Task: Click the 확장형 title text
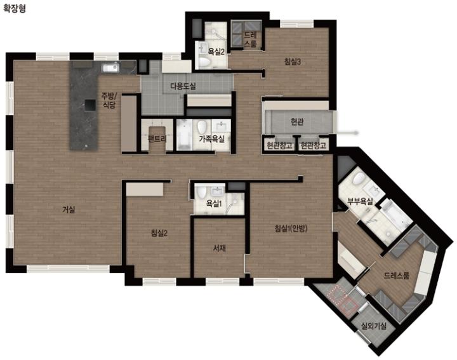coord(14,8)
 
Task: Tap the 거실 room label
coord(69,210)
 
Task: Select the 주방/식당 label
coord(109,100)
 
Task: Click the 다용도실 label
coord(183,86)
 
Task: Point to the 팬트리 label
coord(157,139)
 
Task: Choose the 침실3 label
coord(293,62)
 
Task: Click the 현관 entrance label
coord(297,121)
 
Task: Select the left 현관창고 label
coord(279,145)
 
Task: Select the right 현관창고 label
coord(314,145)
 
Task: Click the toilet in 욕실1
coord(201,192)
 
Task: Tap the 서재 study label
coord(220,248)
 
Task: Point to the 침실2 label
coord(159,232)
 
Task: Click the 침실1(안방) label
coord(291,228)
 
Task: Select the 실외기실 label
coord(374,326)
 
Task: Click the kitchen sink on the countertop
coord(110,68)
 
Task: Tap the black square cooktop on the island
coord(90,105)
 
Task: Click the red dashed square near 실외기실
coord(342,297)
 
